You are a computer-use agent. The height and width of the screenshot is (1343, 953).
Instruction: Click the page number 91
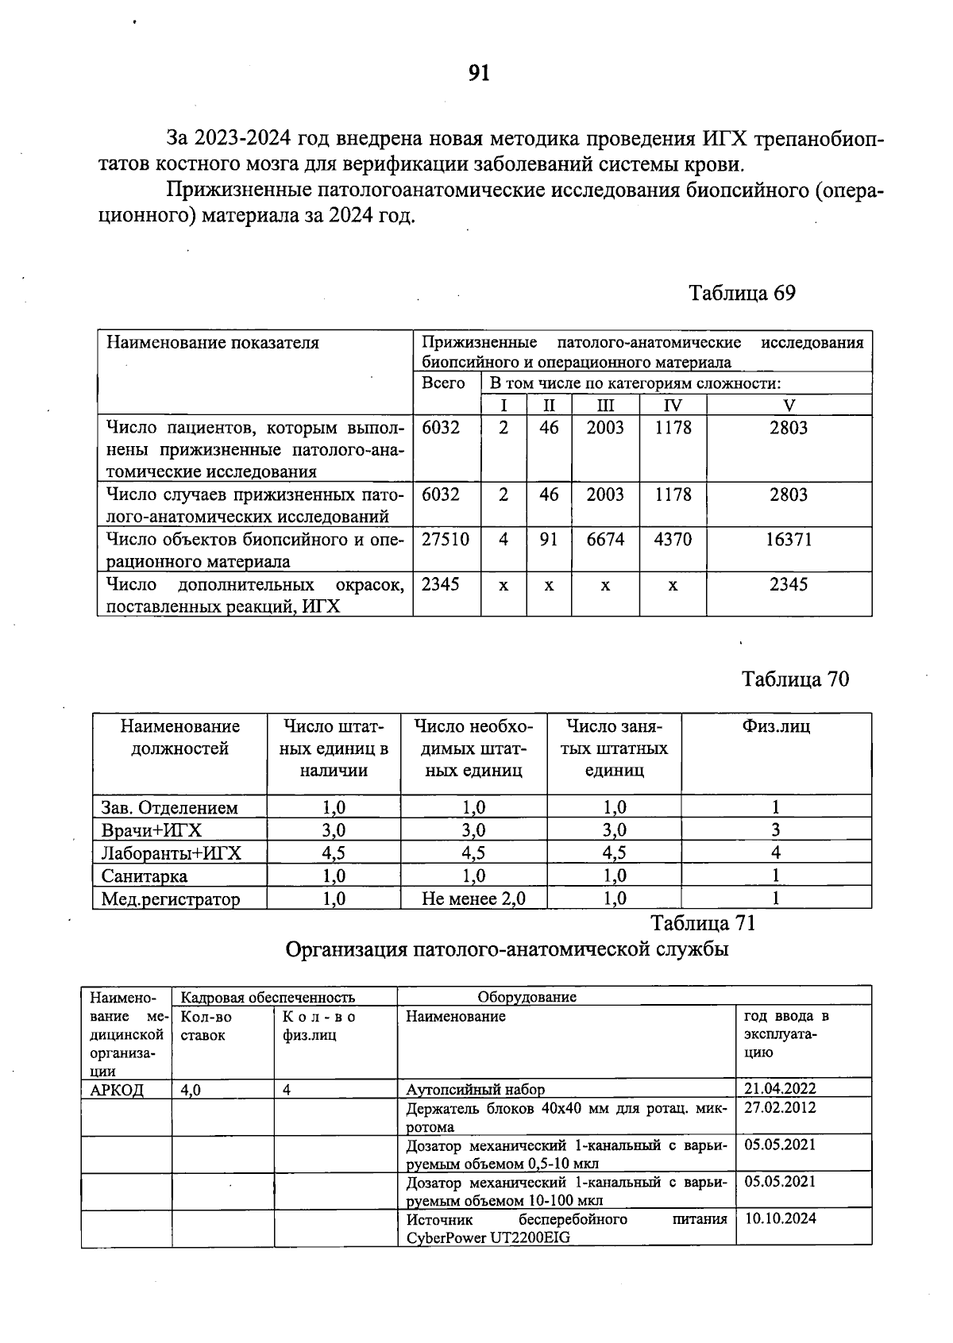479,73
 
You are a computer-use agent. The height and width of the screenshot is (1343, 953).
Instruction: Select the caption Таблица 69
742,293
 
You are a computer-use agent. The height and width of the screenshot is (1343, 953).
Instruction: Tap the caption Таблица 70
795,679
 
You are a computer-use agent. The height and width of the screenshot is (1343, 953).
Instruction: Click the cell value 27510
445,540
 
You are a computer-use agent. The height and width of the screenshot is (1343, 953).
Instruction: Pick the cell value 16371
788,540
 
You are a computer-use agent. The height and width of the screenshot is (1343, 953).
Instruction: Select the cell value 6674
605,540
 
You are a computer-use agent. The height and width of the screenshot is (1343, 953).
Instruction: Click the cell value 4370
672,540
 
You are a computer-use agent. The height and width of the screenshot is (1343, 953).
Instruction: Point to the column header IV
672,406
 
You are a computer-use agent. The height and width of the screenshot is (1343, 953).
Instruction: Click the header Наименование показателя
213,343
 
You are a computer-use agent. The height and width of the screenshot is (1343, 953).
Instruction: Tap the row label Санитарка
145,876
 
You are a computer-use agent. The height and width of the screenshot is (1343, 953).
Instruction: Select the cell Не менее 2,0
473,899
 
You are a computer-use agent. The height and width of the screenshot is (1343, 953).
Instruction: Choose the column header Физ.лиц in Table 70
775,726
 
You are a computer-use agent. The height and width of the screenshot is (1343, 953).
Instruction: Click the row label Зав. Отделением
169,808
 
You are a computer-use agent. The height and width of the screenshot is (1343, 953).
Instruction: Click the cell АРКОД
117,1091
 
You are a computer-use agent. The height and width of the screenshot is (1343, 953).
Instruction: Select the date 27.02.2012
779,1108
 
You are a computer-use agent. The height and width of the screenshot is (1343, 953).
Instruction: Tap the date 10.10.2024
779,1219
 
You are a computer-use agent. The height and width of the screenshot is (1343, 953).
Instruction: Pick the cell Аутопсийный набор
475,1091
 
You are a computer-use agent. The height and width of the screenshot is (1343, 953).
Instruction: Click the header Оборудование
527,997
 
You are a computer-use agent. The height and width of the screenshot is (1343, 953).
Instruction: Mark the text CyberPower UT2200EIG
488,1238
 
